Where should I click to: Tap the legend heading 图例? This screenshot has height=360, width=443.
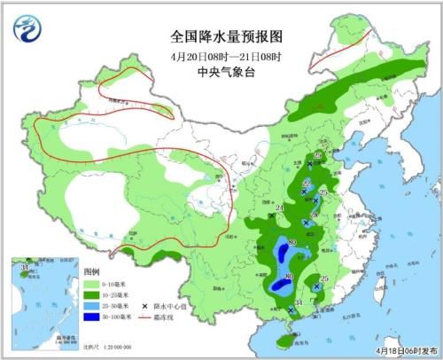92,269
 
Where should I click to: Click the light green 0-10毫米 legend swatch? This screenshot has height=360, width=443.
95,283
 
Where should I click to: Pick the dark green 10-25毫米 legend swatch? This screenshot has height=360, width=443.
95,294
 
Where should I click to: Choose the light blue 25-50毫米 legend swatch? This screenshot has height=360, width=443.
95,306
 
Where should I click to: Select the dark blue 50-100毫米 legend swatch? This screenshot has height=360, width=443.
95,317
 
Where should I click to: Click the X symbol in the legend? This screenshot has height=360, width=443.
144,306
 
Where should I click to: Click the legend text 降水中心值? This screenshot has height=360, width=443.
173,306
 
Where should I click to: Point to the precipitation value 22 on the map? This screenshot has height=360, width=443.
306,183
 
